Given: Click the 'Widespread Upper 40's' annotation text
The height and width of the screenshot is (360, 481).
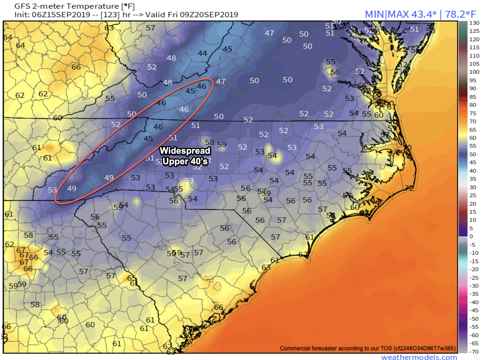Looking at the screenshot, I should [185, 156].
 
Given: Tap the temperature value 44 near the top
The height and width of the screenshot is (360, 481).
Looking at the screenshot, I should [202, 53].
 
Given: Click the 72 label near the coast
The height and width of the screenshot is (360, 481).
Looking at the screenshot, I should [409, 188].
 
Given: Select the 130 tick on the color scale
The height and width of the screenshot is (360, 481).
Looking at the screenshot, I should [474, 23].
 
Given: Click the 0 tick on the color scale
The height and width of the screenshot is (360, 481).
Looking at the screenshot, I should [471, 236].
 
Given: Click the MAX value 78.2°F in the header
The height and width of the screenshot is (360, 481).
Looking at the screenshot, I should [460, 14].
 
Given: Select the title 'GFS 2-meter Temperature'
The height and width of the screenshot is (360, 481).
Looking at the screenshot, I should [67, 6].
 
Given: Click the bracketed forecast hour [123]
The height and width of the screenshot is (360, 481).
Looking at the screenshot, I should [110, 15].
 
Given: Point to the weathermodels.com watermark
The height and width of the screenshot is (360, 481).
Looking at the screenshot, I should [419, 357].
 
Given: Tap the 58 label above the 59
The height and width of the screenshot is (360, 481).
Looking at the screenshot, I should [209, 142].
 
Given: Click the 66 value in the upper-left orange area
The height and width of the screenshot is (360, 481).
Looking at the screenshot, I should [76, 67].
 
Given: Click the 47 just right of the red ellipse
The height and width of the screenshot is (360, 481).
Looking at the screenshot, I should [221, 81].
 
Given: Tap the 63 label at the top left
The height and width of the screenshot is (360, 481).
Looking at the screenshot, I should [109, 28].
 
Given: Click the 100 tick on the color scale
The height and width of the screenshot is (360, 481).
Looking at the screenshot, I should [474, 72].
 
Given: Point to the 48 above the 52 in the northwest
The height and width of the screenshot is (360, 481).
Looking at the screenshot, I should [171, 58].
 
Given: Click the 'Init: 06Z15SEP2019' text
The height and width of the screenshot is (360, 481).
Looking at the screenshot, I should [52, 15].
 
